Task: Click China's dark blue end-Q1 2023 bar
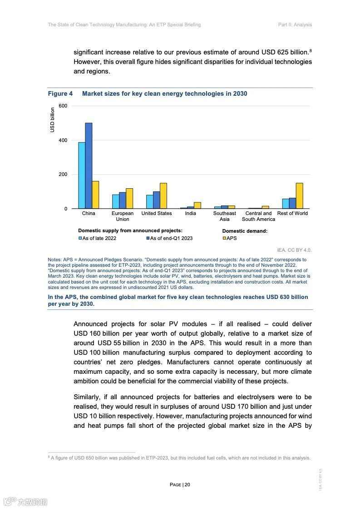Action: (x=89, y=166)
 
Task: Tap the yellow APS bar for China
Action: (x=95, y=195)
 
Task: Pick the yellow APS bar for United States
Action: (x=163, y=196)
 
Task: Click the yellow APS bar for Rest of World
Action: (x=299, y=196)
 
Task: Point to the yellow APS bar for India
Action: (x=197, y=205)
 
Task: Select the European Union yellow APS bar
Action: (x=129, y=198)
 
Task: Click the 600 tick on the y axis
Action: (x=63, y=106)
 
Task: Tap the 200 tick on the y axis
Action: (x=63, y=175)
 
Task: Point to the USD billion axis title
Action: (x=52, y=120)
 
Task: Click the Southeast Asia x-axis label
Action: (x=225, y=216)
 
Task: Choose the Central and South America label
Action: (x=258, y=216)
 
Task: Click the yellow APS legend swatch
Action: (x=224, y=238)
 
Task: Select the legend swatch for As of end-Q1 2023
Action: (x=148, y=238)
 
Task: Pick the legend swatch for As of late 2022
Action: (x=80, y=238)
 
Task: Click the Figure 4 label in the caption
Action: (x=60, y=94)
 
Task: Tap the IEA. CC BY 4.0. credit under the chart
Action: (x=294, y=250)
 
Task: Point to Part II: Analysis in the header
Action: (x=295, y=24)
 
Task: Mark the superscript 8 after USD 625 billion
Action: (x=311, y=50)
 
